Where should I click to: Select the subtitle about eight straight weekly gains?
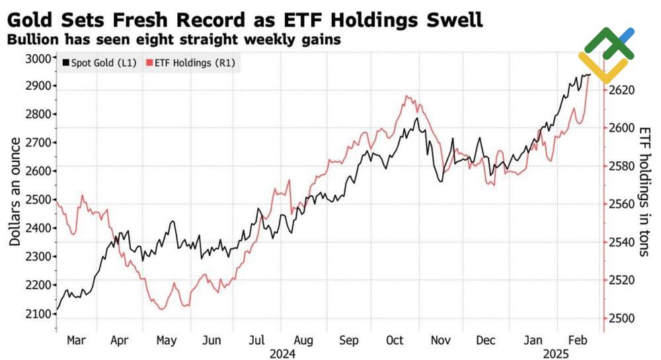click(x=173, y=39)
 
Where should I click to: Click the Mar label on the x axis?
click(x=76, y=341)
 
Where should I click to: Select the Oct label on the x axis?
click(x=395, y=341)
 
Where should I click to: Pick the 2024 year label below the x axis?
click(x=282, y=353)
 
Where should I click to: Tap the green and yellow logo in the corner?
click(x=606, y=54)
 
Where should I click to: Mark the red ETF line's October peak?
click(x=407, y=96)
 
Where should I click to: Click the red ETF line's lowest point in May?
click(x=163, y=309)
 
